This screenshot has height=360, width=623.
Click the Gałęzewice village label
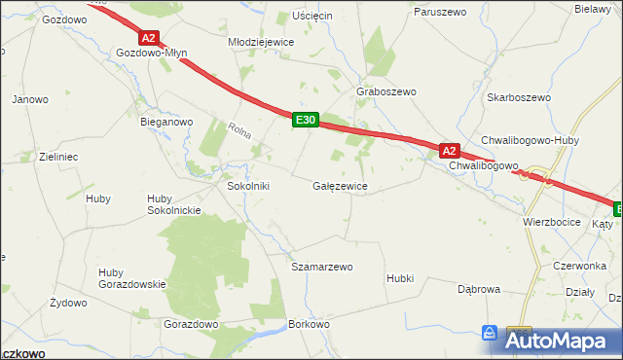click(x=340, y=185)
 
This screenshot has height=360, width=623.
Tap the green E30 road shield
click(x=306, y=120)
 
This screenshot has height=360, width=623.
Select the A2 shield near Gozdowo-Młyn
click(x=148, y=39)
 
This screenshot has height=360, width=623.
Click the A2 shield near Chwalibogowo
click(x=448, y=151)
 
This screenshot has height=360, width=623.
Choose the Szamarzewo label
click(x=321, y=266)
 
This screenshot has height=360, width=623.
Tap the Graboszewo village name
click(x=386, y=91)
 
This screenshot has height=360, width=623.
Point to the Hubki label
click(x=399, y=278)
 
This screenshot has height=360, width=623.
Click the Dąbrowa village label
click(x=479, y=289)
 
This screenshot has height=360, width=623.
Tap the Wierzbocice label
click(x=551, y=222)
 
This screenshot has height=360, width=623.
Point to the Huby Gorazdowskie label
click(x=133, y=277)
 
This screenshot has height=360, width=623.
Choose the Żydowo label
click(x=68, y=304)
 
